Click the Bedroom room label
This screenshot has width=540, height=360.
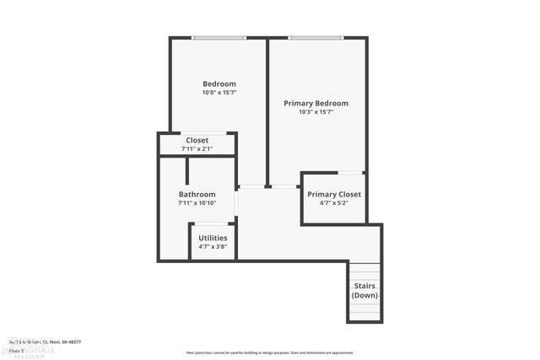tap(219, 83)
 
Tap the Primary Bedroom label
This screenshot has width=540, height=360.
tap(316, 103)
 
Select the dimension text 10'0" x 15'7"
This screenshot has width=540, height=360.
tap(219, 93)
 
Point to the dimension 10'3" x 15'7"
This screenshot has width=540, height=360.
tap(316, 112)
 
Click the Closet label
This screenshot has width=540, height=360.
tap(197, 140)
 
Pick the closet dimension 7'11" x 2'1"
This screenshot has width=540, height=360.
tap(197, 149)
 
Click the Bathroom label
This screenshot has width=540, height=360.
tap(197, 194)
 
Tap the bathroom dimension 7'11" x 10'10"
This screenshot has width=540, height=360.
tap(197, 203)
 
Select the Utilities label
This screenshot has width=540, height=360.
tap(213, 238)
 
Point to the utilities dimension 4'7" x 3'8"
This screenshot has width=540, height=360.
tap(213, 247)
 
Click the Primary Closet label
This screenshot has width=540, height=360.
tap(334, 194)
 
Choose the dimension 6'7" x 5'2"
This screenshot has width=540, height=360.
tap(334, 203)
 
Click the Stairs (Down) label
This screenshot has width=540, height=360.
tap(364, 291)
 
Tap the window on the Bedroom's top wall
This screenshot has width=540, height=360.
tap(219, 37)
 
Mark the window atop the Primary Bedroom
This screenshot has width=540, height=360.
tap(316, 37)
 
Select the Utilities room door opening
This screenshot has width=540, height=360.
tap(210, 223)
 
